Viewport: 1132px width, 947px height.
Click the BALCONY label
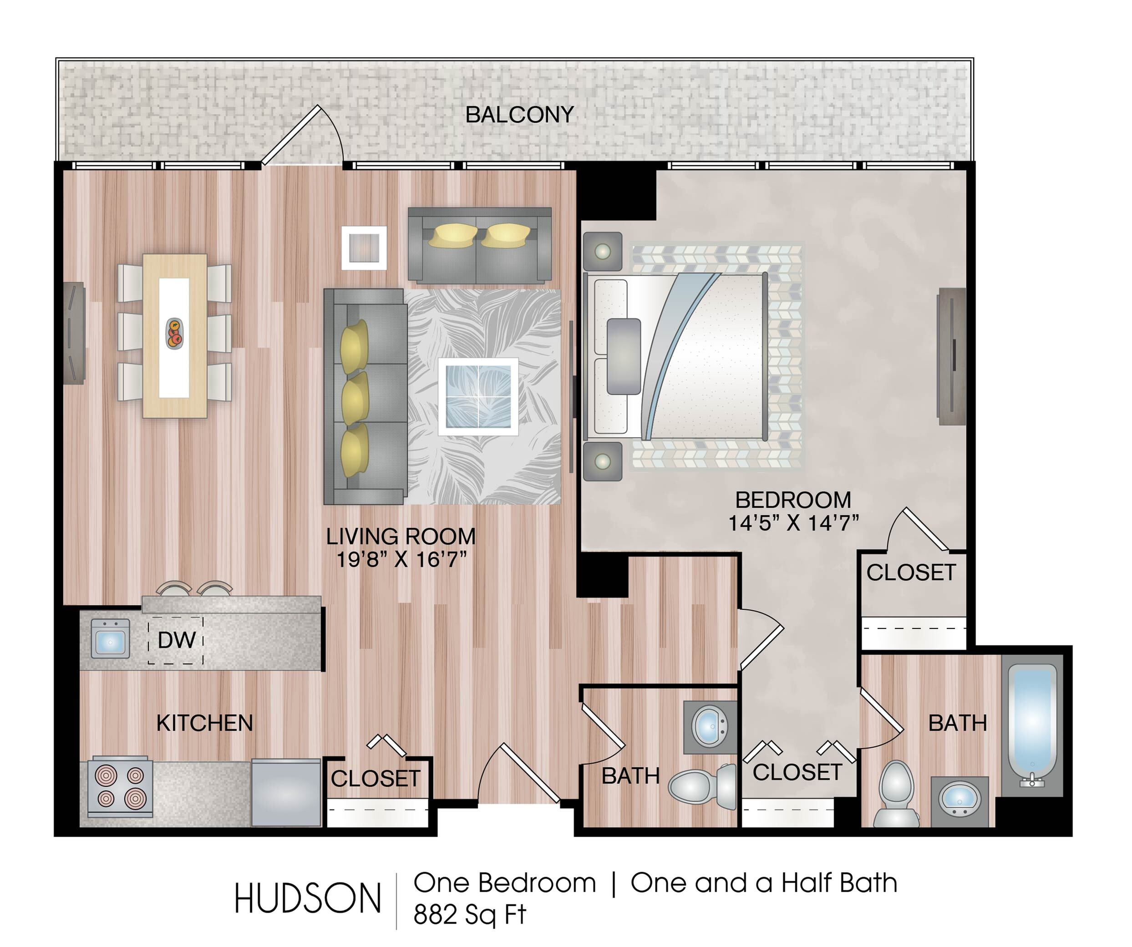520,115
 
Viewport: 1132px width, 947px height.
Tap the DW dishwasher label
176,640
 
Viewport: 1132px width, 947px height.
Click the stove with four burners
120,787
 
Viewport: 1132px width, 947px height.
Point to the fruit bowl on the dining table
174,334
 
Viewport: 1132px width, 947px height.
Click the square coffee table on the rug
478,397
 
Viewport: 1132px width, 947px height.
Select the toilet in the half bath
702,786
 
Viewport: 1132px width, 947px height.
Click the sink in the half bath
710,727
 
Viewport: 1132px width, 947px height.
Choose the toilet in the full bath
896,793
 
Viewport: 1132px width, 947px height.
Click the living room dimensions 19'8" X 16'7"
401,559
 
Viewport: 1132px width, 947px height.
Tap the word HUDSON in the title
308,898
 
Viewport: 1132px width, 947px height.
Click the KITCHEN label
204,723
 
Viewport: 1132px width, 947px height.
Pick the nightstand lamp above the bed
603,251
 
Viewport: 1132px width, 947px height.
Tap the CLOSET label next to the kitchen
375,778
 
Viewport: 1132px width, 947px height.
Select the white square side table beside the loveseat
364,248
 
